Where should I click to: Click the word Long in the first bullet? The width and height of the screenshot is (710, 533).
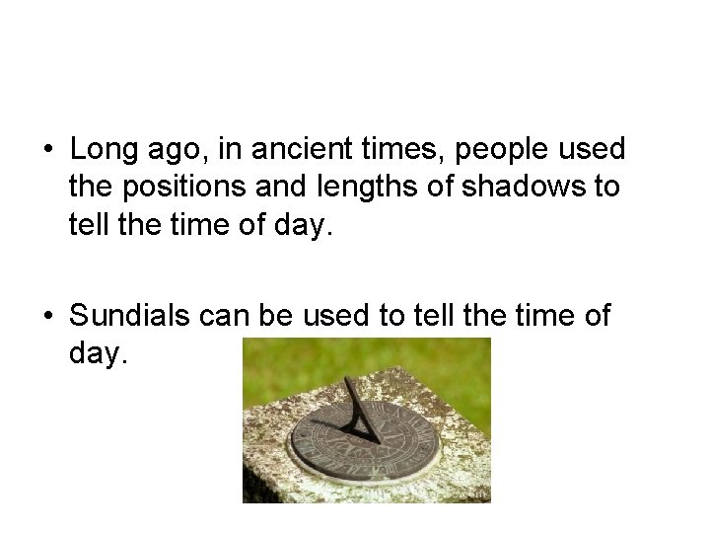click(x=102, y=150)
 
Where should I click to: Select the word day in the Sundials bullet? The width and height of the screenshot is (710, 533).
click(x=97, y=354)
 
